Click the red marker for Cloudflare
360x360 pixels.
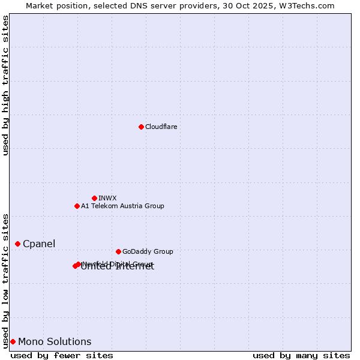point(141,127)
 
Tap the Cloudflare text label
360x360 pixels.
point(161,127)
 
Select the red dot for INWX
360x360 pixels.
point(94,198)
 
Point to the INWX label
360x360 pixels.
point(107,198)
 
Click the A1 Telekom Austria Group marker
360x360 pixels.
point(77,206)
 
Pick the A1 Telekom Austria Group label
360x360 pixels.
point(122,206)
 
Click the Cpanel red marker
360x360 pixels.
point(17,244)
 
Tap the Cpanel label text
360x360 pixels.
point(39,244)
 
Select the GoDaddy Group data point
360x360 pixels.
point(118,251)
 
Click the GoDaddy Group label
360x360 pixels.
point(148,251)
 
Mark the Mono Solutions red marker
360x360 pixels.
point(13,341)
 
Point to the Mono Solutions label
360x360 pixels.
point(55,341)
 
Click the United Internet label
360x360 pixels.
point(118,268)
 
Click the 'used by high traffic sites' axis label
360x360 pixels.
point(5,85)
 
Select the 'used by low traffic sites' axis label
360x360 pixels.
point(5,280)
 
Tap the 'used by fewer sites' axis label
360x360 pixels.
point(62,355)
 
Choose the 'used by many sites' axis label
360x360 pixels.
point(301,355)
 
